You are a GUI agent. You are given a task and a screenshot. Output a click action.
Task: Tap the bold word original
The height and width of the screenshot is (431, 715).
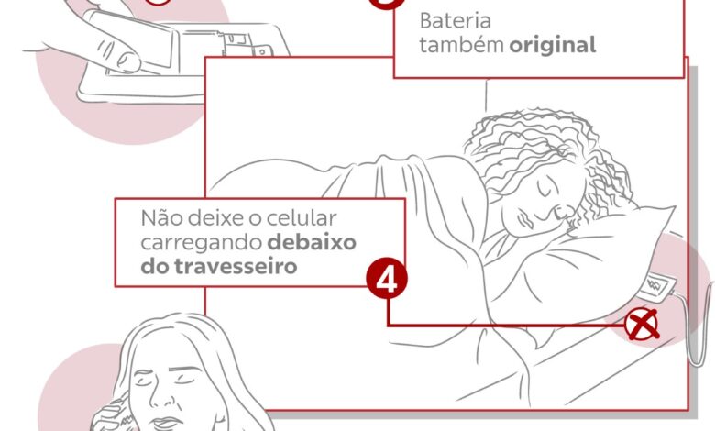click(x=553, y=45)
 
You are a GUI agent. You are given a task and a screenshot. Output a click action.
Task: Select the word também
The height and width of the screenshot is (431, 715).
click(x=461, y=45)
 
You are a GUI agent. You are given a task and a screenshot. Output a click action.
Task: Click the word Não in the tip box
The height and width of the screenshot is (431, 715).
click(x=162, y=218)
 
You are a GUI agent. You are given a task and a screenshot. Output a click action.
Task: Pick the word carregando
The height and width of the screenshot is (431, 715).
click(x=201, y=244)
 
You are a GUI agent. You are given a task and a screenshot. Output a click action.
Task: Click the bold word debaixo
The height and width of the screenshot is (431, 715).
click(x=312, y=242)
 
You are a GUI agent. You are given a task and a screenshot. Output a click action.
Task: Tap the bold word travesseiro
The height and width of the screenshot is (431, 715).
click(x=236, y=266)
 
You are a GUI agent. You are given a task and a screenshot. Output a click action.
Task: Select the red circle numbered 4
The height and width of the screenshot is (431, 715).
click(x=387, y=279)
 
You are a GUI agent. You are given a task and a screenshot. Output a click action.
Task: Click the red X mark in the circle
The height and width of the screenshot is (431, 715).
click(x=642, y=326)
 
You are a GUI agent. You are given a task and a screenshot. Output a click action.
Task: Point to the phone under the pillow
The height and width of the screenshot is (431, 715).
click(x=655, y=285)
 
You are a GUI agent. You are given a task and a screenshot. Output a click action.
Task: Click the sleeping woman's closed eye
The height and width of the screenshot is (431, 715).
click(x=544, y=189)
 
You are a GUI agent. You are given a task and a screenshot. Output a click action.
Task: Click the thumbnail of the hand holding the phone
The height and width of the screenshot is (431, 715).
click(x=127, y=61)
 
